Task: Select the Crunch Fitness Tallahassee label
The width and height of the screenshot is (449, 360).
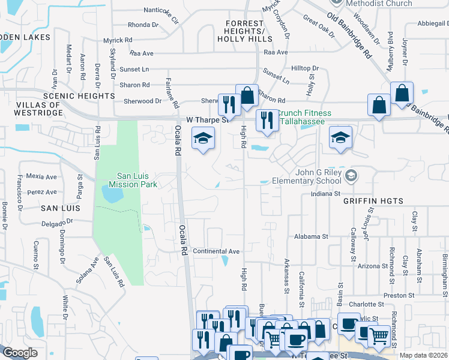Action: coord(304,117)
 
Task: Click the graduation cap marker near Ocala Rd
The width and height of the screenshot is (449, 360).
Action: coord(203,139)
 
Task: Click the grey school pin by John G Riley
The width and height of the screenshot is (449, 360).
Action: coord(352,176)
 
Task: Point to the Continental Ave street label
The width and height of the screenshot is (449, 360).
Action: coord(216,251)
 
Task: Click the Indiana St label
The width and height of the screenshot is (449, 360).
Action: coord(325,194)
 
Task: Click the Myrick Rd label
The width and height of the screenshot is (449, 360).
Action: coord(118,40)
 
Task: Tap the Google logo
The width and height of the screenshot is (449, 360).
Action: coord(20,353)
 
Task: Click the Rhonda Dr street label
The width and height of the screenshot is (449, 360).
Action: coord(143,25)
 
